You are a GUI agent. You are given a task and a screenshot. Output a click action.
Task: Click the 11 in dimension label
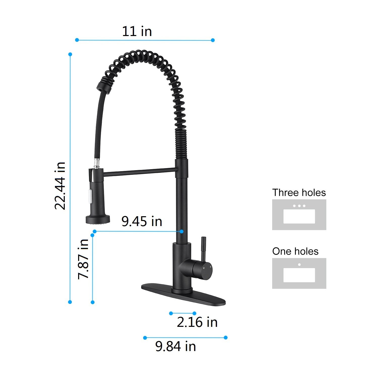137,31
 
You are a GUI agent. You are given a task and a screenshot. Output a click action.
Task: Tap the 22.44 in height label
60,186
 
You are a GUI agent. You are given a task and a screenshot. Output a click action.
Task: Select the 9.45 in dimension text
142,221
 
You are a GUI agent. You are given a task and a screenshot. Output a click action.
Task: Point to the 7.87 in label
83,259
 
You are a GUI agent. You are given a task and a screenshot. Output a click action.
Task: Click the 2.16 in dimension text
197,322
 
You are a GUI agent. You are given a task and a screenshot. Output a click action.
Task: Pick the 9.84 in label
175,346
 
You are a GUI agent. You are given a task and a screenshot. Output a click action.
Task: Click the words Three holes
299,193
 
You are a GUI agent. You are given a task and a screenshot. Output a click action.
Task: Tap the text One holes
295,251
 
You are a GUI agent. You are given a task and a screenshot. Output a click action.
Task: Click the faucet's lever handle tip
203,239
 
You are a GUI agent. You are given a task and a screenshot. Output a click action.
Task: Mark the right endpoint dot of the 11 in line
213,40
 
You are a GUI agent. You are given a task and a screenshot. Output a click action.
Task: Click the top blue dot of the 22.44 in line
70,54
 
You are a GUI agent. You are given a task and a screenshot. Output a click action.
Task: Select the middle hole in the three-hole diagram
299,206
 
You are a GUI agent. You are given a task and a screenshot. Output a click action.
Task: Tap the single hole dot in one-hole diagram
299,265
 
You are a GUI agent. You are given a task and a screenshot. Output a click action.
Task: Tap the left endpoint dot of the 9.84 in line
145,338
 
